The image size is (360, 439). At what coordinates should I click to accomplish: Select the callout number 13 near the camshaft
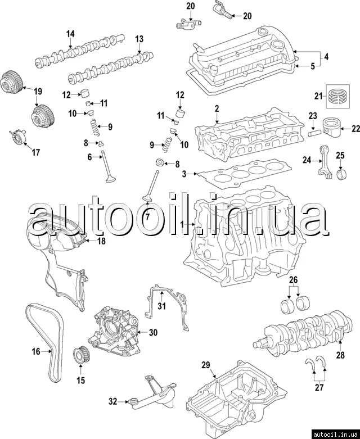click(139, 38)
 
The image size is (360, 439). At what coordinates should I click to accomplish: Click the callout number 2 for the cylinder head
click(217, 107)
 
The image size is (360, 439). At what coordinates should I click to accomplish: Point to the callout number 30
click(153, 332)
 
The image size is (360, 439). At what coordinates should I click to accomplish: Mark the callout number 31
click(161, 306)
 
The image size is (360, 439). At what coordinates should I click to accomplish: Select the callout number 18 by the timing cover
click(101, 241)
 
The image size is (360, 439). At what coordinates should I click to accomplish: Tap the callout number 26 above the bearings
click(293, 280)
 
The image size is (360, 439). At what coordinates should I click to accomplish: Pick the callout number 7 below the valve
click(147, 217)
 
